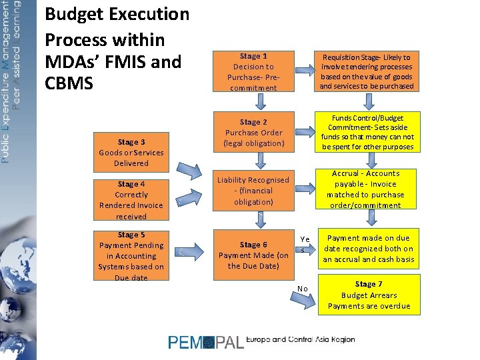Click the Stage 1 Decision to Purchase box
(253, 72)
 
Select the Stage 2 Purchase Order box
(253, 132)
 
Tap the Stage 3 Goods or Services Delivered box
(131, 153)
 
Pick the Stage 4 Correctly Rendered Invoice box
(131, 200)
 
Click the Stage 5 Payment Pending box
(131, 255)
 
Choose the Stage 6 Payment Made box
(253, 255)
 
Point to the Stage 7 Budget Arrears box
(369, 295)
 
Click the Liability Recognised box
(253, 191)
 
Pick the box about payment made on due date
(369, 249)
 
